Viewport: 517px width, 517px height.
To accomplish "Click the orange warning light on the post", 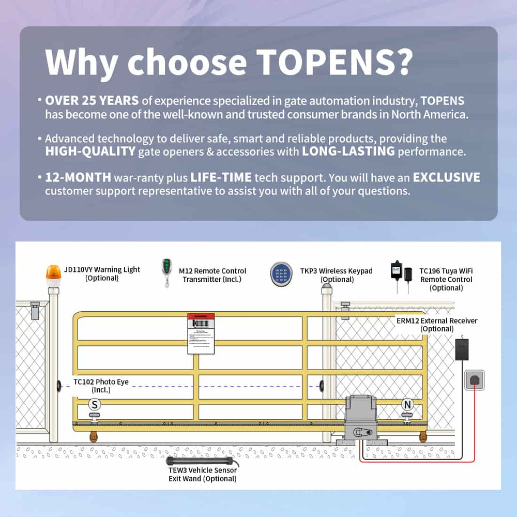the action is click(x=53, y=272).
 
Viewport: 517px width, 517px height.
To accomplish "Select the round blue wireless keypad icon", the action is click(x=281, y=274).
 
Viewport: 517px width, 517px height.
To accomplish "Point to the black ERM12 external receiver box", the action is click(x=461, y=349).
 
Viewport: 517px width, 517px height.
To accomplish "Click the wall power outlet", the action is click(x=475, y=380).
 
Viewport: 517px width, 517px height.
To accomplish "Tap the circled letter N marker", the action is click(x=407, y=404).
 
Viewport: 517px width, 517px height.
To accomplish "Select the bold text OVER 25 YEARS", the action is click(x=92, y=100).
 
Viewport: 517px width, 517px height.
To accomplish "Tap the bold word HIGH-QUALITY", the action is click(x=90, y=152).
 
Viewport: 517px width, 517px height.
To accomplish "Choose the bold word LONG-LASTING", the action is click(x=348, y=152).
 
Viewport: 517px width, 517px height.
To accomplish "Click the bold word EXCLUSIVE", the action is click(x=446, y=178).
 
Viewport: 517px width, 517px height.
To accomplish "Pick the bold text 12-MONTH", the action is click(x=78, y=178).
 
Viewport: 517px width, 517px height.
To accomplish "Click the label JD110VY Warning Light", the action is click(x=102, y=269).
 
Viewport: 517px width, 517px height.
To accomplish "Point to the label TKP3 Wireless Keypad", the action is click(x=336, y=271).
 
